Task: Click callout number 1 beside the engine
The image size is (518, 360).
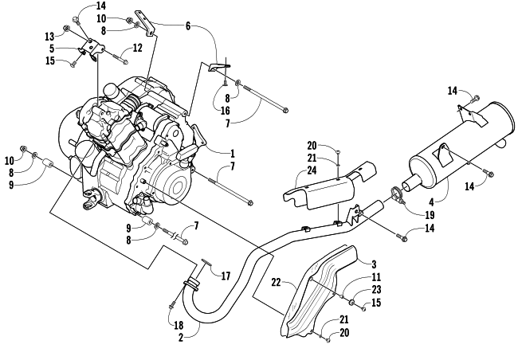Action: pyautogui.click(x=232, y=153)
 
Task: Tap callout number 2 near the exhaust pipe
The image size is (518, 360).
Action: pyautogui.click(x=180, y=337)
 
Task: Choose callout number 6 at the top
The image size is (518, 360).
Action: pyautogui.click(x=188, y=25)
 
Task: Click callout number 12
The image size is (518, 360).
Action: pyautogui.click(x=137, y=49)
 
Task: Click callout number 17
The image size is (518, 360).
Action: pyautogui.click(x=226, y=276)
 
